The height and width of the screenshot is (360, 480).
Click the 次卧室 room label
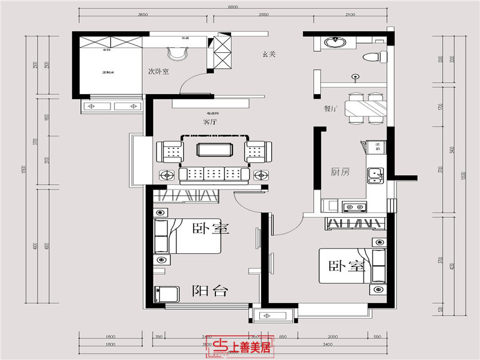(x=159, y=71)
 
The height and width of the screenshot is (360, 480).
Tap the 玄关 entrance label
(x=269, y=54)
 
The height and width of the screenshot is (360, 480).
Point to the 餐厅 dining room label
(x=330, y=109)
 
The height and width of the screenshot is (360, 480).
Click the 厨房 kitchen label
(x=340, y=172)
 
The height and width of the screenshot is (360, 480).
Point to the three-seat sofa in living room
(x=214, y=174)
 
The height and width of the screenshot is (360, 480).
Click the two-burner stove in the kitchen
(x=354, y=208)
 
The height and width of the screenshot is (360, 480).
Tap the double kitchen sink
(x=376, y=174)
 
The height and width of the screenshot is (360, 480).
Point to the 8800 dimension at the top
(x=233, y=7)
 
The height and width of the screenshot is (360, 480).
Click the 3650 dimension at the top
(x=143, y=14)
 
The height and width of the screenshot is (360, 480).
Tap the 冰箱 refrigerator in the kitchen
(x=378, y=146)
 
